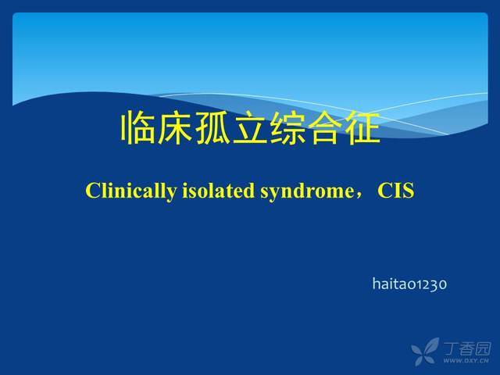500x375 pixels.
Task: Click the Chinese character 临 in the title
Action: click(137, 127)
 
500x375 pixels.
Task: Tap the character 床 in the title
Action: click(175, 127)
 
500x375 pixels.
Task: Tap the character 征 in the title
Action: click(362, 127)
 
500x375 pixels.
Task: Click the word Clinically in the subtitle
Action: click(130, 191)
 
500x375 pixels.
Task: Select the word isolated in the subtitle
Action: click(218, 191)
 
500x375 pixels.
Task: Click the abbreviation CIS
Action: click(396, 191)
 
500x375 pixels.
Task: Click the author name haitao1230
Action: click(409, 284)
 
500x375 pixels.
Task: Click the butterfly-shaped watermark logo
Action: click(425, 352)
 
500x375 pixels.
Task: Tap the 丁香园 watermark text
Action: click(467, 348)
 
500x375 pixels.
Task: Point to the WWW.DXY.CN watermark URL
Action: click(466, 361)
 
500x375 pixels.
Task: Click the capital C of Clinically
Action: click(93, 191)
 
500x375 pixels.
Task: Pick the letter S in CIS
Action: click(409, 191)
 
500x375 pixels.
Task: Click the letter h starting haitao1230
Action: click(377, 284)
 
